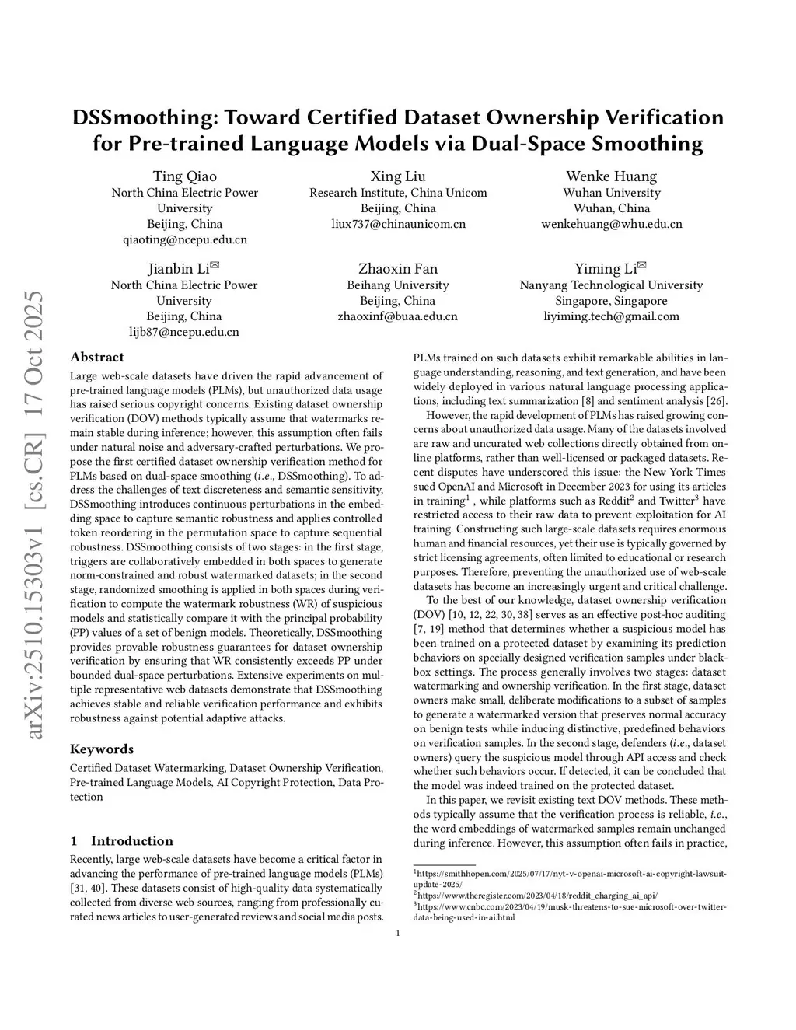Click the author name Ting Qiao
(x=184, y=176)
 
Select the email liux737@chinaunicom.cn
(x=398, y=224)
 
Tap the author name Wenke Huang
(x=611, y=176)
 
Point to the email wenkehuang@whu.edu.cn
(x=611, y=224)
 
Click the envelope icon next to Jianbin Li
(x=215, y=266)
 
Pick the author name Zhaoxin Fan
(x=398, y=269)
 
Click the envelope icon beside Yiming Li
(x=642, y=266)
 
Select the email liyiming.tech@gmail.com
(x=611, y=316)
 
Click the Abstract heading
(x=96, y=358)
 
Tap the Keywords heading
(x=102, y=749)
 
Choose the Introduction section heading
(x=131, y=841)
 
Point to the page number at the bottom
(x=398, y=934)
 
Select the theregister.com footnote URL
(x=536, y=895)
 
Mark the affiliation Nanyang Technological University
(x=611, y=285)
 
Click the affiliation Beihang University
(x=398, y=285)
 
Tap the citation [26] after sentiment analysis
(x=716, y=401)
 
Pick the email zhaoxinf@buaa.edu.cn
(x=398, y=316)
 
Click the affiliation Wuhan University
(x=611, y=193)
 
